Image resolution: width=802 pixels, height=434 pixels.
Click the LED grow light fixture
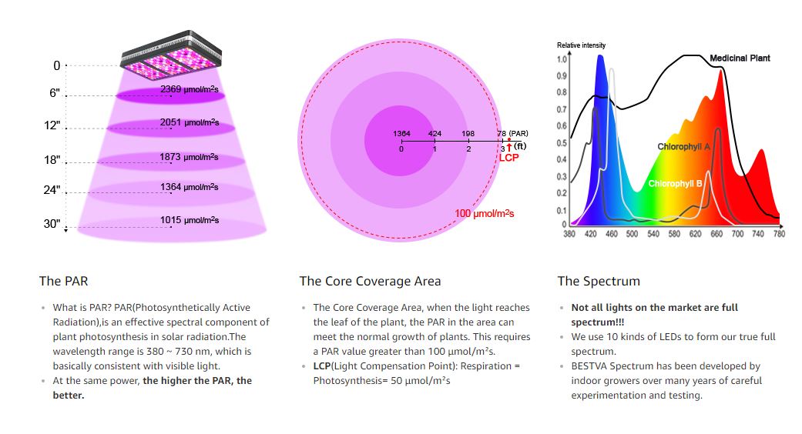coord(172,58)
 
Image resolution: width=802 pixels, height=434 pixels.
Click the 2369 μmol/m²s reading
coord(190,89)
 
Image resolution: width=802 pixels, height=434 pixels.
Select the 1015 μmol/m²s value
coord(190,220)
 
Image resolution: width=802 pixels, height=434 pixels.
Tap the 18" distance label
coord(52,160)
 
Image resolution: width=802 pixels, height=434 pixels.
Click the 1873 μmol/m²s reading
coord(190,157)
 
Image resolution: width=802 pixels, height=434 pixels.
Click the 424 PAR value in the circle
coord(435,134)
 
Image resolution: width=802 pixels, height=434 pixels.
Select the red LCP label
coord(508,158)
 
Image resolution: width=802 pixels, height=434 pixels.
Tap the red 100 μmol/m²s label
coord(485,213)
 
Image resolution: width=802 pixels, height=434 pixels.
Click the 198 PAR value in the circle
coord(468,134)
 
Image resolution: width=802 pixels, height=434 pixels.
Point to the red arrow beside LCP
coord(508,147)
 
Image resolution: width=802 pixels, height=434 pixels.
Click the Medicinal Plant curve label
coord(740,58)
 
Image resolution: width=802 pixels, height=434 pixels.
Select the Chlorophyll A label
coord(683,146)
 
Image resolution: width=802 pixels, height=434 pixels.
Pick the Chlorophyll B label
coord(675,184)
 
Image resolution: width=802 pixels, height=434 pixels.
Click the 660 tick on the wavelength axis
coord(716,234)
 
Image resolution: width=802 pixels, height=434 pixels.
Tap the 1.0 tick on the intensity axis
coord(561,59)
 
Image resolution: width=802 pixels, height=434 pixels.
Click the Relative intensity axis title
coord(581,45)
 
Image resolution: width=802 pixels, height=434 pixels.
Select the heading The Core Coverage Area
coord(370,281)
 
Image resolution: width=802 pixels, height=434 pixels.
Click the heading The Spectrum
coord(598,281)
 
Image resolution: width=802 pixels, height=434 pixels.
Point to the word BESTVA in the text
coord(589,366)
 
